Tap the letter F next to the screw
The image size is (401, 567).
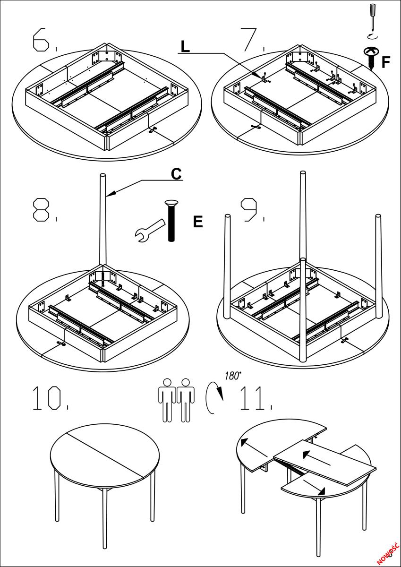click(x=386, y=62)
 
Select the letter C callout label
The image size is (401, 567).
click(x=176, y=173)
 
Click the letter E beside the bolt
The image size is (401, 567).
click(x=198, y=222)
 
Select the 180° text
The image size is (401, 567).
click(x=232, y=376)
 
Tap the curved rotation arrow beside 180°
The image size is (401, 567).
click(x=213, y=397)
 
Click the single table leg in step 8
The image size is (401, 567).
click(x=103, y=222)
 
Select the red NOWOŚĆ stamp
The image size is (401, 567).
click(x=388, y=553)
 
